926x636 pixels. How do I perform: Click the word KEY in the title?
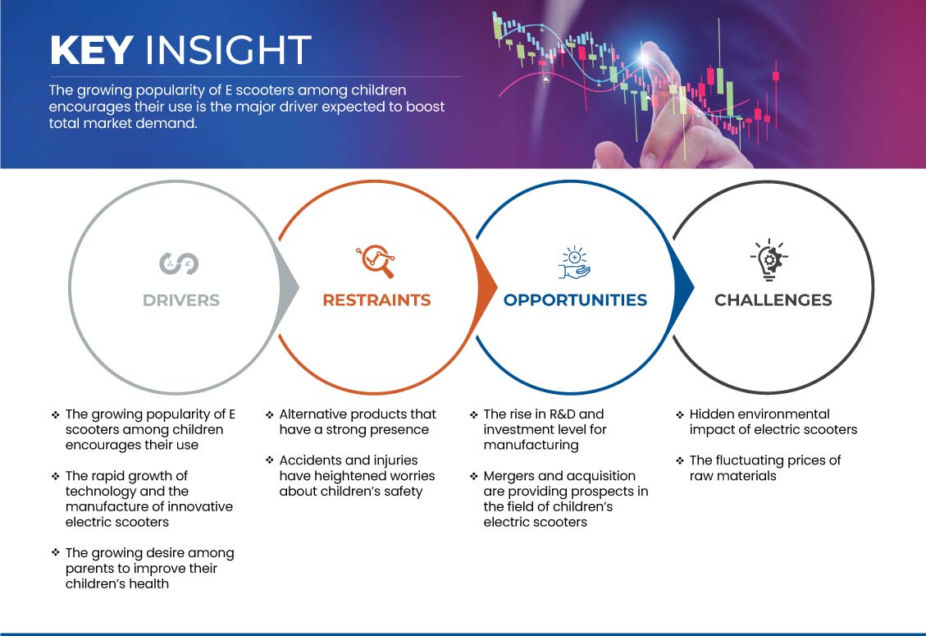pos(92,50)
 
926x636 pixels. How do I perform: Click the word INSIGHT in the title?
pos(228,50)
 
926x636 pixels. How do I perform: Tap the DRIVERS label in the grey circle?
pos(181,300)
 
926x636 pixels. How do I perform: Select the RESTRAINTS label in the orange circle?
pos(376,300)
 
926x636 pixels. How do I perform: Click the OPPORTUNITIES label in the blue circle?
pos(575,300)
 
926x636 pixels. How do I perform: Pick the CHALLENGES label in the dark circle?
pos(773,300)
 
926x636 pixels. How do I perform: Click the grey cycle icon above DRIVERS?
pos(179,263)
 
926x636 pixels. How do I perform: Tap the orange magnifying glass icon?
pos(376,261)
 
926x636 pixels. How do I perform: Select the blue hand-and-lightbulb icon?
pos(574,263)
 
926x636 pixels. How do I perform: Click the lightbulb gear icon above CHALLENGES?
pos(769,259)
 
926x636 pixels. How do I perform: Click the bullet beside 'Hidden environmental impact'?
pos(680,414)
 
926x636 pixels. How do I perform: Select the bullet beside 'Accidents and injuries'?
pos(270,460)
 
